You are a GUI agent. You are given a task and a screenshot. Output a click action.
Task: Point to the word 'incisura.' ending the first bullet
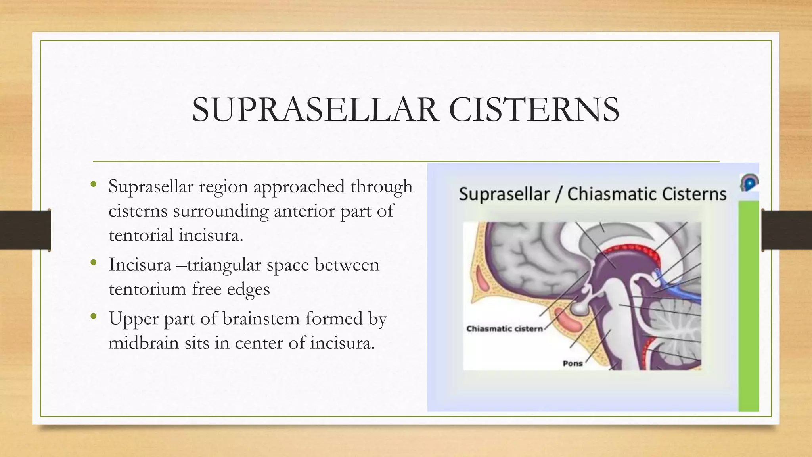click(x=210, y=235)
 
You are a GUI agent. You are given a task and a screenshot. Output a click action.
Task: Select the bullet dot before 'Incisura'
click(x=94, y=262)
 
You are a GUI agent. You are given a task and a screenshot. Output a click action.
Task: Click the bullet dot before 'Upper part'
click(x=94, y=316)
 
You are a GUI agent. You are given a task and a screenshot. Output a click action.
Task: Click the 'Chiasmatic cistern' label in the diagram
click(x=504, y=329)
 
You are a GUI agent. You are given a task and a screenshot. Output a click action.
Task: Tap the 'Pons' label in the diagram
click(x=573, y=363)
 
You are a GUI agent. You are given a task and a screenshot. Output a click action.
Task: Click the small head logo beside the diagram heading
click(x=749, y=183)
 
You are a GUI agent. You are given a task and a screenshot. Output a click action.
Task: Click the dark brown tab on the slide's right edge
click(x=787, y=230)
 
